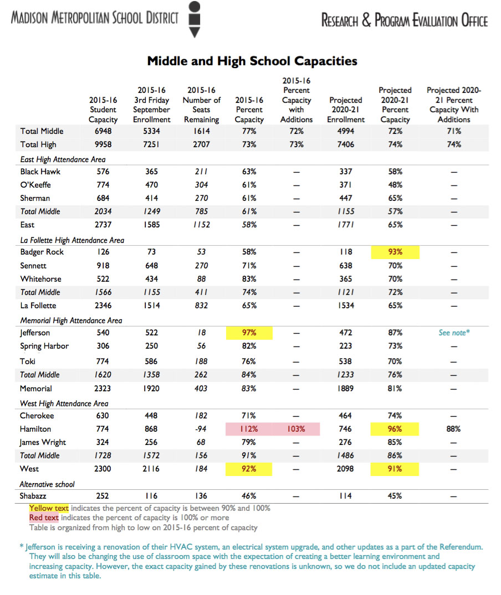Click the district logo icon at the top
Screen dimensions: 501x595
pos(195,19)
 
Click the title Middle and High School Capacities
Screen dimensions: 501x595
pos(252,61)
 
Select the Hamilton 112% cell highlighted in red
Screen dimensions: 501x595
pos(249,429)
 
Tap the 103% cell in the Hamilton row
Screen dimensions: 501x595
pos(296,429)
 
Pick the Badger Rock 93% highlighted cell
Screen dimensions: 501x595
pos(395,252)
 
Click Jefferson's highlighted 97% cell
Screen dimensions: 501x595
pos(249,333)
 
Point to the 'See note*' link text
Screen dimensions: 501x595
pos(454,333)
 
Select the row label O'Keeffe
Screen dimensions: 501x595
pos(35,185)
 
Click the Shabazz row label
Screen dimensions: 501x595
pos(33,496)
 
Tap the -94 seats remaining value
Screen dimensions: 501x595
pos(201,429)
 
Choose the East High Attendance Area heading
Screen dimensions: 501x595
pos(63,159)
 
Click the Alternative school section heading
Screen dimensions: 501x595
pos(47,484)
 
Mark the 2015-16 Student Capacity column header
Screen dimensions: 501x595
pos(103,110)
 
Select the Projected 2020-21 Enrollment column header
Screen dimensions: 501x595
pos(346,110)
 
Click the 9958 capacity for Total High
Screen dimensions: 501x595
pos(103,144)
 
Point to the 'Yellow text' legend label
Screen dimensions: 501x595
pos(49,508)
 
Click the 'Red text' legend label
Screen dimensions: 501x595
pos(44,518)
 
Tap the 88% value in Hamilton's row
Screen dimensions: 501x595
pos(453,429)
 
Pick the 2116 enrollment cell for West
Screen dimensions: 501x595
pos(151,469)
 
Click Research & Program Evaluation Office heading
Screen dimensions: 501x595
pos(405,20)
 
